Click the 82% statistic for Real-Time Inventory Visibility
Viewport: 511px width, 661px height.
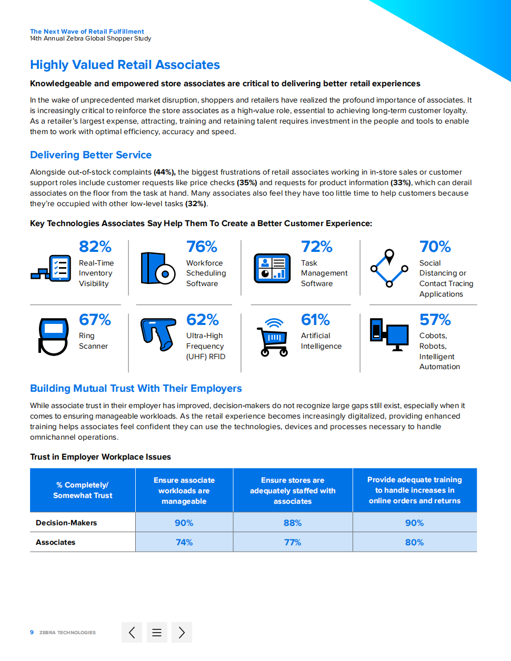pyautogui.click(x=95, y=247)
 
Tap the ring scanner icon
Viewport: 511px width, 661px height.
pyautogui.click(x=53, y=337)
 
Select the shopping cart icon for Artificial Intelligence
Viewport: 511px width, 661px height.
pyautogui.click(x=273, y=338)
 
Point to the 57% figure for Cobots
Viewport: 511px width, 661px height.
pyautogui.click(x=435, y=320)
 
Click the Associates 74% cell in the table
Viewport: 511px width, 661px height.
pyautogui.click(x=184, y=542)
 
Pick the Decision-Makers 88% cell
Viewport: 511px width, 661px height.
pyautogui.click(x=293, y=523)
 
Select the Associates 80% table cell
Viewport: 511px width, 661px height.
pyautogui.click(x=415, y=542)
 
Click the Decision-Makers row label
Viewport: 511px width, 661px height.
pyautogui.click(x=66, y=523)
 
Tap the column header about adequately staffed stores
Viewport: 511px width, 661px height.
pyautogui.click(x=293, y=490)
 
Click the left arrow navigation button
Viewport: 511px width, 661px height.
pyautogui.click(x=132, y=633)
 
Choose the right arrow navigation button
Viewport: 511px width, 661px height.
pyautogui.click(x=182, y=633)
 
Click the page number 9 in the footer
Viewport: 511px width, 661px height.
pyautogui.click(x=32, y=633)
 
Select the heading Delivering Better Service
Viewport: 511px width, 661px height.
pyautogui.click(x=91, y=155)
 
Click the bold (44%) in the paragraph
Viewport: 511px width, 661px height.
pyautogui.click(x=164, y=172)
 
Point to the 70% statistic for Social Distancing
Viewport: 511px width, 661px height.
pyautogui.click(x=435, y=247)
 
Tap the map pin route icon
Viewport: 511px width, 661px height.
pyautogui.click(x=389, y=268)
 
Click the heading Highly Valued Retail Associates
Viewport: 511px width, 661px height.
pyautogui.click(x=125, y=65)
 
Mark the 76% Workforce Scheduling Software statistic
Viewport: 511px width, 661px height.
pyautogui.click(x=202, y=247)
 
